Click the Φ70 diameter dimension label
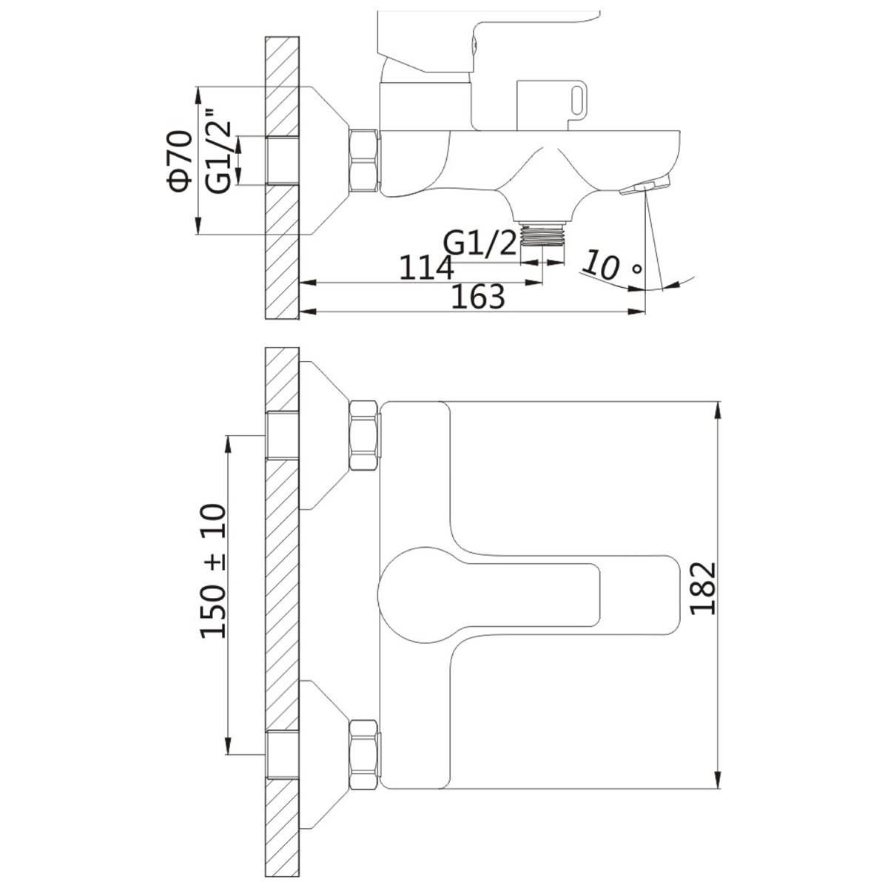[180, 161]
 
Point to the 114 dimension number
[426, 267]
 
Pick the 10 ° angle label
[611, 265]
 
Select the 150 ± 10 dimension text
[214, 571]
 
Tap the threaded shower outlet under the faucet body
[542, 234]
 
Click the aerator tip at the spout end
[645, 185]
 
